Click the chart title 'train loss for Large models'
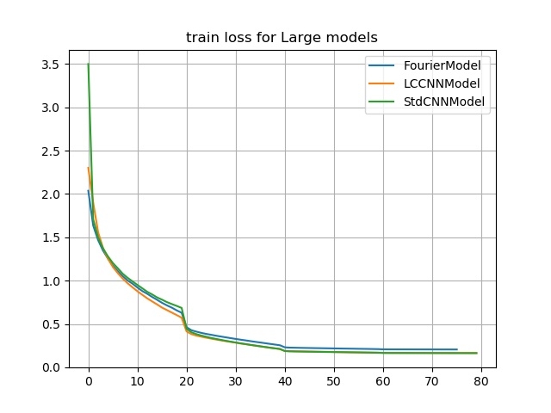tap(282, 38)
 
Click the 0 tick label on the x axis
tap(89, 382)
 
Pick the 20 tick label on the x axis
tap(187, 382)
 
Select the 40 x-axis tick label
tap(285, 382)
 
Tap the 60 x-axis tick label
tap(383, 382)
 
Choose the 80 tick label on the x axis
tap(481, 382)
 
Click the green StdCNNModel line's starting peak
tap(89, 65)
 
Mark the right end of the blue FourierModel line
tap(457, 349)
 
